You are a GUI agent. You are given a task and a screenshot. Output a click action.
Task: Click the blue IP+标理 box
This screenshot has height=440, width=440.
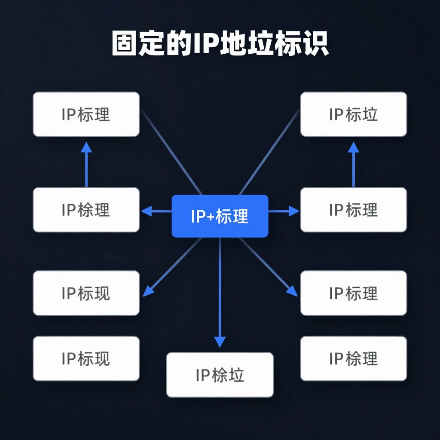[x=220, y=216]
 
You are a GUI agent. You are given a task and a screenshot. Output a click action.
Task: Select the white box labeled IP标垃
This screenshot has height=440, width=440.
[x=353, y=114]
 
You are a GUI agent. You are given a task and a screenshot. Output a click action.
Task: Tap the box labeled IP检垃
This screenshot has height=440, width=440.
[x=220, y=375]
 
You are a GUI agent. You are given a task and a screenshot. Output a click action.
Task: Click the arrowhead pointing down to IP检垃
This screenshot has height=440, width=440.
[x=220, y=342]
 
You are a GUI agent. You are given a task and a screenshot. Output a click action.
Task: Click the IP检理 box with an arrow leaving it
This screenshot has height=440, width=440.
[x=86, y=210]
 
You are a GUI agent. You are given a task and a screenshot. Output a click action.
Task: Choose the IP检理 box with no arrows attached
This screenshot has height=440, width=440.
[x=353, y=358]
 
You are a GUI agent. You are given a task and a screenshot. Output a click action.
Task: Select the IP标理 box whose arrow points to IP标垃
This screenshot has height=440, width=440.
[x=353, y=210]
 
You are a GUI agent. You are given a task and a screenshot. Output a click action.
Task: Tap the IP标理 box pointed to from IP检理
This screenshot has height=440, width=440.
[x=86, y=114]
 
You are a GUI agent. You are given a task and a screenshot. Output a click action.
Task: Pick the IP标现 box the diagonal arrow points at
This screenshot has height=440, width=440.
[x=86, y=293]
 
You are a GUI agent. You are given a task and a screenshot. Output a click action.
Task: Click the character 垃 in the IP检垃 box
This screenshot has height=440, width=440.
[x=236, y=375]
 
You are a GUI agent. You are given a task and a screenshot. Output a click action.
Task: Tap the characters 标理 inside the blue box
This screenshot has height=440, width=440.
[x=232, y=217]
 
